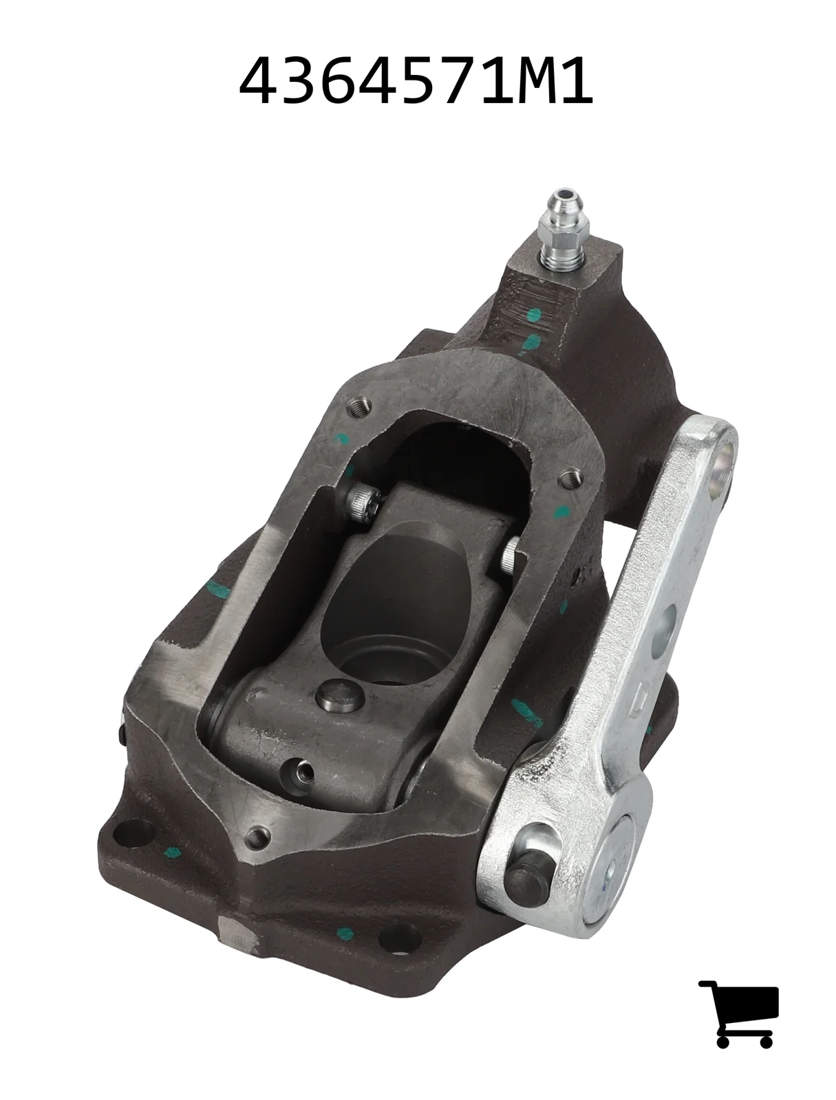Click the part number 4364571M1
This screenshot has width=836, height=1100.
[416, 80]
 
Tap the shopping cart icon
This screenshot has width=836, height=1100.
[738, 1013]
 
